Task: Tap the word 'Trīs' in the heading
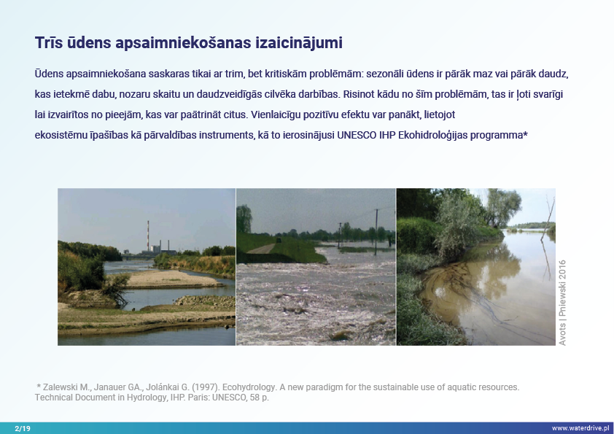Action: pos(49,43)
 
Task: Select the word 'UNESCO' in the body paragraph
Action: pos(357,135)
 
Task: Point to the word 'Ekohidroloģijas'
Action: pos(432,136)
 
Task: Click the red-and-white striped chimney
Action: pos(148,235)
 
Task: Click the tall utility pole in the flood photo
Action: pos(376,232)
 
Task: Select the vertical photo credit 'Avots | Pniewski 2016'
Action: pos(562,303)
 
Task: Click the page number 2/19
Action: pos(23,428)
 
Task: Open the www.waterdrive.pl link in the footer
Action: pos(580,428)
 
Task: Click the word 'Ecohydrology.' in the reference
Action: pos(249,387)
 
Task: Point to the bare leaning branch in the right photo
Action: pos(548,220)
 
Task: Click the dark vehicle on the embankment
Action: pos(279,240)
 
